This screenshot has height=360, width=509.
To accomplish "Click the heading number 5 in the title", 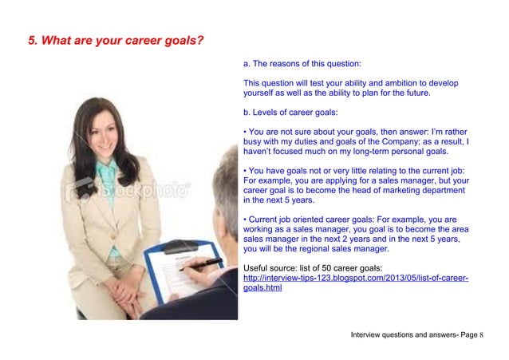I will tap(32, 42).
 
